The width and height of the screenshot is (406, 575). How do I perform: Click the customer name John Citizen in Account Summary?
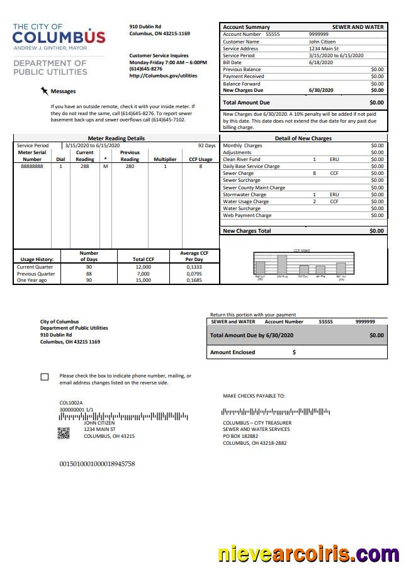(x=322, y=42)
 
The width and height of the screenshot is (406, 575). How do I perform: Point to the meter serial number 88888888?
(x=32, y=167)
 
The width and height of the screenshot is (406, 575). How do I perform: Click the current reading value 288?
(x=84, y=167)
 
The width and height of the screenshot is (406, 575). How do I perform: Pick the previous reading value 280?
(x=130, y=167)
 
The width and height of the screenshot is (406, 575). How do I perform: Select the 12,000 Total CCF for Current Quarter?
(x=143, y=267)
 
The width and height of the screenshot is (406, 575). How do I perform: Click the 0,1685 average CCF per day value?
(x=195, y=281)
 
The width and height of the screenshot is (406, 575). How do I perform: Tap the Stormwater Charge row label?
(x=244, y=194)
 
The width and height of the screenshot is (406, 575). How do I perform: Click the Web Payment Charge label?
(x=247, y=215)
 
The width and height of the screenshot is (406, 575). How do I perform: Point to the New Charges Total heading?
(x=247, y=231)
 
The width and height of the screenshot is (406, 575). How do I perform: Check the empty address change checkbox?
(x=44, y=377)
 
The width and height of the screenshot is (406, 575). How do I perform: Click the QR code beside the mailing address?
(x=64, y=433)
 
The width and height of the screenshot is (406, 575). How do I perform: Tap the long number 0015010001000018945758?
(x=97, y=464)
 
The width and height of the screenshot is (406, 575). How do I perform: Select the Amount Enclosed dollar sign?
(x=294, y=352)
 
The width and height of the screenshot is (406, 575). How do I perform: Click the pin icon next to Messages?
(x=44, y=91)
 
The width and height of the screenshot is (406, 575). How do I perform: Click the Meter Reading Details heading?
(x=116, y=138)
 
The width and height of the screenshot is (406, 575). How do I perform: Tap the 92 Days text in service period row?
(x=206, y=145)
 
